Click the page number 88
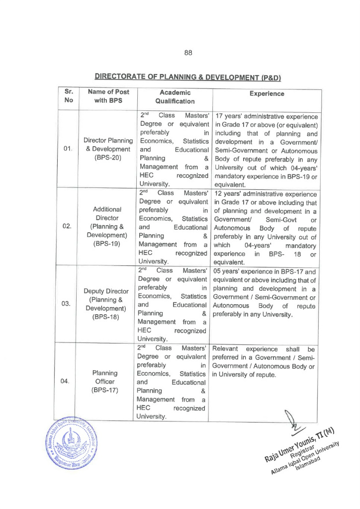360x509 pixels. (x=188, y=52)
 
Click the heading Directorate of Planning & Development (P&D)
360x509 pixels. (x=188, y=77)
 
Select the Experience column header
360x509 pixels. (x=267, y=93)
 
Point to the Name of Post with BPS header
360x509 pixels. (x=108, y=97)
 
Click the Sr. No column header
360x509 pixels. (x=69, y=97)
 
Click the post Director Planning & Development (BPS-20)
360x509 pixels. (x=108, y=149)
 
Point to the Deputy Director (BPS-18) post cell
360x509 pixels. (x=108, y=304)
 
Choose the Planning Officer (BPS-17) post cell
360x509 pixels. (x=108, y=381)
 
